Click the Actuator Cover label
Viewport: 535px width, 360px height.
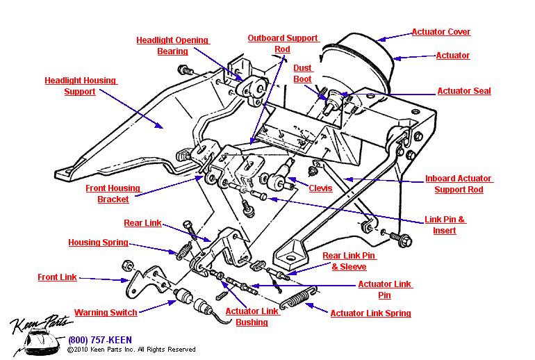[x=441, y=32]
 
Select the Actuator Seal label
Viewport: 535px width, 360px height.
[x=463, y=91]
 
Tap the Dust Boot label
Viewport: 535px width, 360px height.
[x=302, y=74]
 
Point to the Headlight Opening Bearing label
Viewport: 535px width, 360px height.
[x=172, y=46]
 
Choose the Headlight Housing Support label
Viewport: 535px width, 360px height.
[x=80, y=86]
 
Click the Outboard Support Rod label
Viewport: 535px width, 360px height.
[x=282, y=44]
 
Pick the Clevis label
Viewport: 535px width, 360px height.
[x=320, y=188]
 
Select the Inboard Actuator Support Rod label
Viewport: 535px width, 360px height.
[x=458, y=184]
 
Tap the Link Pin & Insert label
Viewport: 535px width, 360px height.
[x=445, y=225]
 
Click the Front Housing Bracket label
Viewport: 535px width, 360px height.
[x=113, y=194]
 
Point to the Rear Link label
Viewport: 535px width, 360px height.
[x=142, y=223]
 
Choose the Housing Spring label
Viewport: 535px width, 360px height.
[x=98, y=243]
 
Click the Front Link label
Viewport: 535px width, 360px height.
[x=57, y=277]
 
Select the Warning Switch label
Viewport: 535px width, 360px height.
[x=106, y=313]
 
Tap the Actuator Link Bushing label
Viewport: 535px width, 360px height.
[x=252, y=317]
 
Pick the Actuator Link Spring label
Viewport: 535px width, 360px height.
[x=370, y=313]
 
